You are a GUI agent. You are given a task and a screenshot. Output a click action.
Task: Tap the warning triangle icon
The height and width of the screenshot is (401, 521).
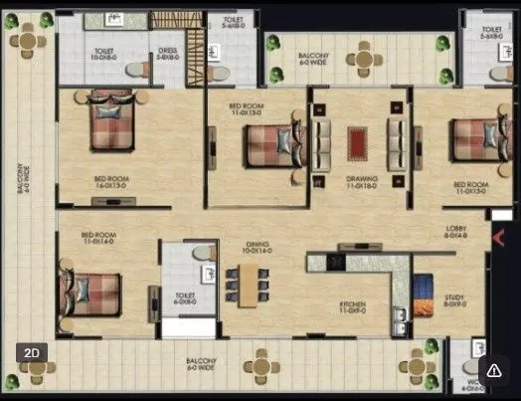tap(494, 369)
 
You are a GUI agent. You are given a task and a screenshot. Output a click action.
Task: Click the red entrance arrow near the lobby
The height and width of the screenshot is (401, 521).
tap(500, 237)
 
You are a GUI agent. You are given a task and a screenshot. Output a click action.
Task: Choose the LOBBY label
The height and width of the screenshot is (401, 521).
tap(458, 232)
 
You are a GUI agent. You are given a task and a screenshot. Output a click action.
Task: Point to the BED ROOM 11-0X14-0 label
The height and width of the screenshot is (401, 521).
tap(99, 239)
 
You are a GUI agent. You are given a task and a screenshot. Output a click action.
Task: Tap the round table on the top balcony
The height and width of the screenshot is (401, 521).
tap(364, 59)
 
